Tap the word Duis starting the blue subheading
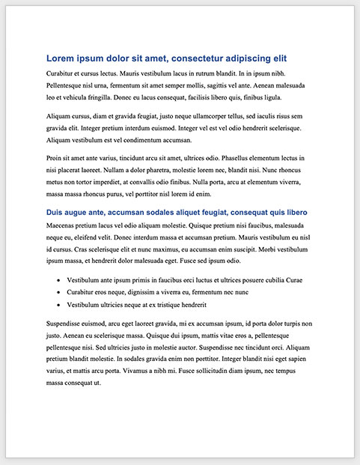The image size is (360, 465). pos(57,213)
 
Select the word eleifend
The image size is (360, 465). pos(82,237)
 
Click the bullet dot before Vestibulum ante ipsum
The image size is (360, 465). pos(58,279)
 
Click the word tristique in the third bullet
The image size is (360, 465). pos(177,304)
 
